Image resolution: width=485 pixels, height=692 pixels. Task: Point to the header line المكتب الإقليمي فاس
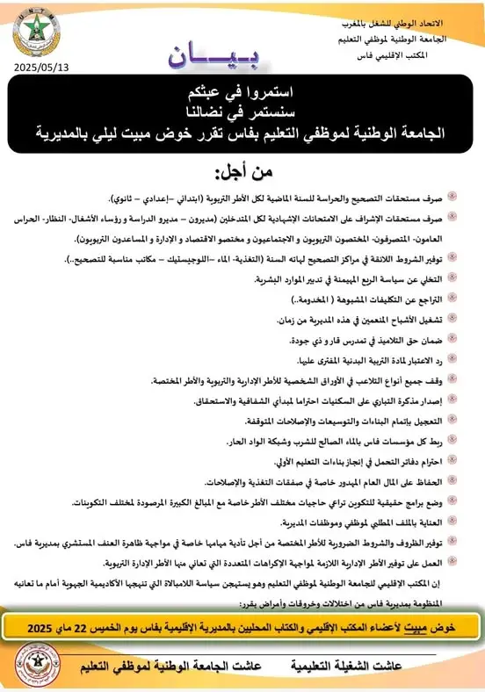pos(431,53)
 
